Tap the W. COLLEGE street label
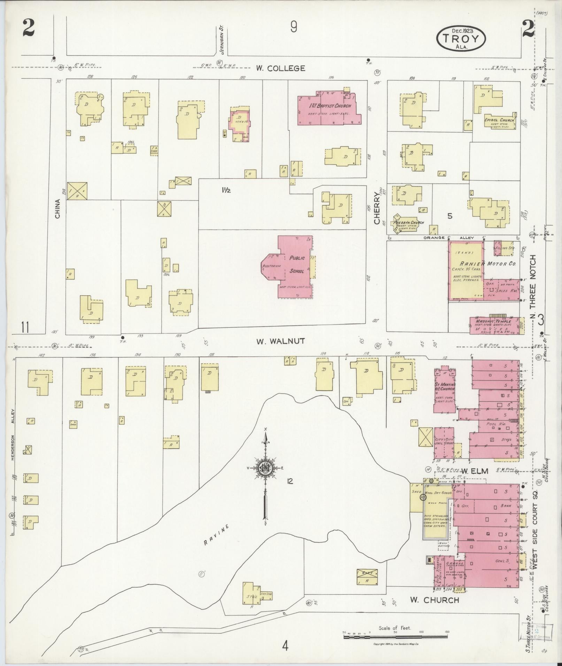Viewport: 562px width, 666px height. [x=280, y=68]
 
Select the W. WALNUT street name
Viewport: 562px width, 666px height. [x=280, y=342]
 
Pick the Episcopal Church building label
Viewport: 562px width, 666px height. [x=499, y=120]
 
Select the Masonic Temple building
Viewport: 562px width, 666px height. [x=496, y=325]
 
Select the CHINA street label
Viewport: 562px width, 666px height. [x=57, y=209]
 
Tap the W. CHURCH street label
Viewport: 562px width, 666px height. [x=434, y=600]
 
